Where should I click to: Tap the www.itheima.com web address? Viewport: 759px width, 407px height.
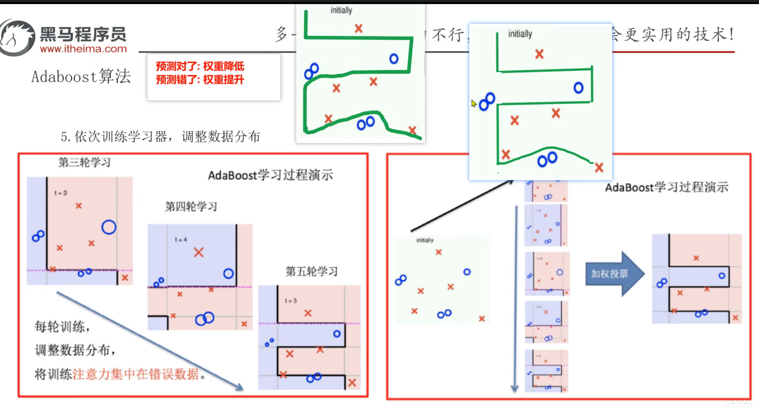click(x=83, y=49)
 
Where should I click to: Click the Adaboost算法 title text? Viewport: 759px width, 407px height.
click(x=81, y=76)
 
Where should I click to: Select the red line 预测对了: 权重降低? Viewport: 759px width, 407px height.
click(x=200, y=66)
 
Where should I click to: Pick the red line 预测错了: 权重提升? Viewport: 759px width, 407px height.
click(x=200, y=80)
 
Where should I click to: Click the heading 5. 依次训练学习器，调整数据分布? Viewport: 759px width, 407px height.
click(x=160, y=137)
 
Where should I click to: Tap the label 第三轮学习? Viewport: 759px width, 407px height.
click(x=84, y=162)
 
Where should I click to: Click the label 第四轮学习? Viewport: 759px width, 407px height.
click(x=191, y=207)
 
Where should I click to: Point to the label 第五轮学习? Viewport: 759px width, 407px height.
click(x=311, y=271)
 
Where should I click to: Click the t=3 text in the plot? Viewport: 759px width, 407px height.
click(x=61, y=193)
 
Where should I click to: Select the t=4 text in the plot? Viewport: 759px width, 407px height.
click(x=181, y=240)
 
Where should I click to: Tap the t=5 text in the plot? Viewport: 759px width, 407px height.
click(x=291, y=301)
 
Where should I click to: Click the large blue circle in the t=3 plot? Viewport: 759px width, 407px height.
click(x=109, y=227)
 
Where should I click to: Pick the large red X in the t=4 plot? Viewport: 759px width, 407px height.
click(x=199, y=252)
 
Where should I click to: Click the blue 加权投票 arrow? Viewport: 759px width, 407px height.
click(x=613, y=274)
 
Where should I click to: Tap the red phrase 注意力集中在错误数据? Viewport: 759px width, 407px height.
click(x=136, y=374)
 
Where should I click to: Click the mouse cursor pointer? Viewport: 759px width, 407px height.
click(x=474, y=103)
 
